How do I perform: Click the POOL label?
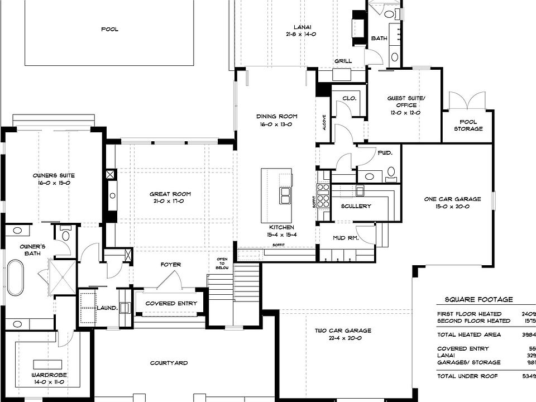point(109,30)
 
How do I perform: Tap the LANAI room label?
point(302,27)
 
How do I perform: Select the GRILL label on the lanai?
point(342,61)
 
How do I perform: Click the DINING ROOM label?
point(276,117)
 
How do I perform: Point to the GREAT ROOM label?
point(167,194)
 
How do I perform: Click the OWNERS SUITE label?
point(50,175)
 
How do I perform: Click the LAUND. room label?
point(107,308)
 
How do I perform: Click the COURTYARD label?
point(169,363)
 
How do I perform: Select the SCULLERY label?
point(356,206)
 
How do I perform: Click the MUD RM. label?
point(344,238)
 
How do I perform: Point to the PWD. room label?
point(385,152)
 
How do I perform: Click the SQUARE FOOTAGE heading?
point(478,299)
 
